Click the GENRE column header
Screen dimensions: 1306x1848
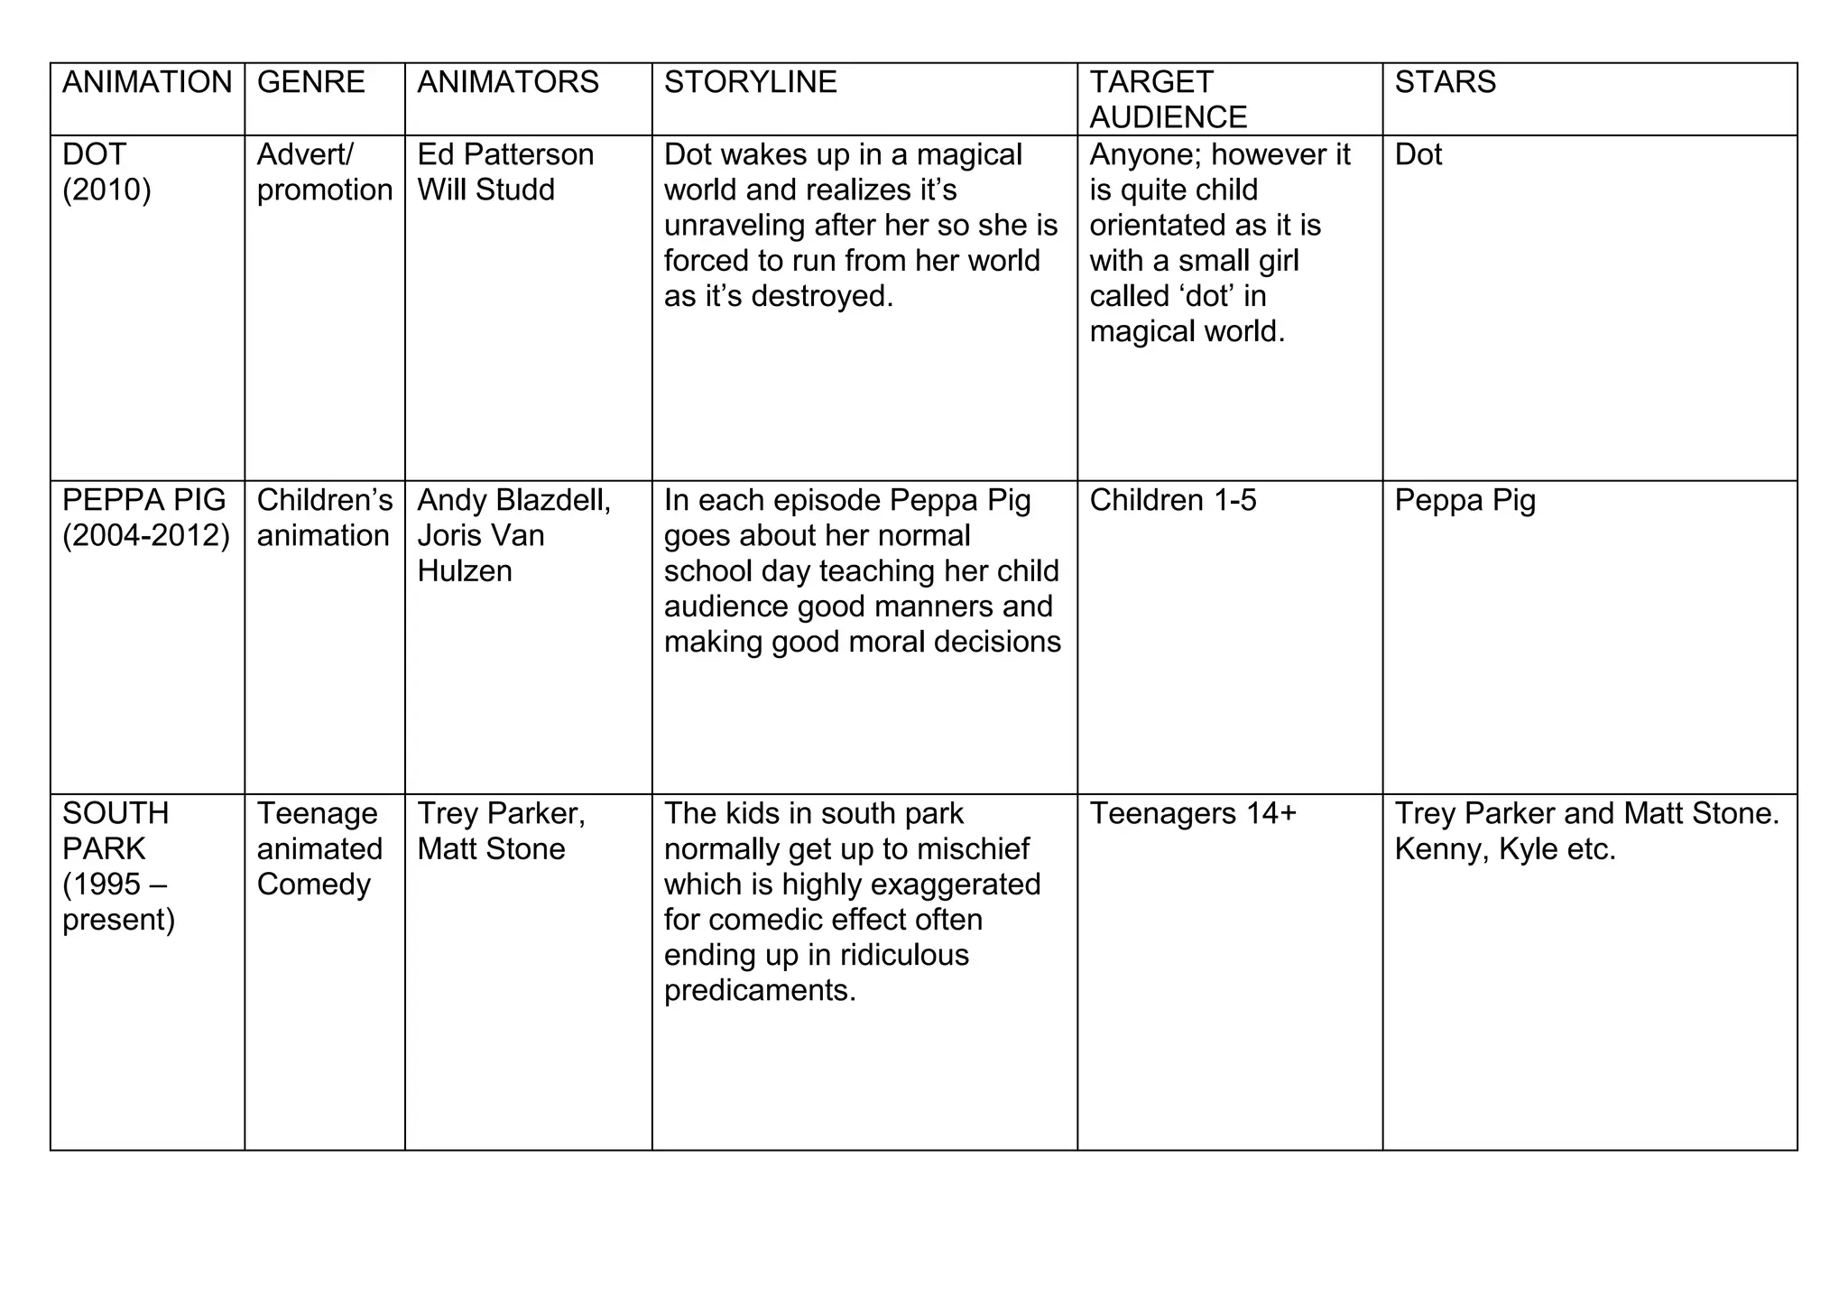310,82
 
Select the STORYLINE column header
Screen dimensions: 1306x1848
750,82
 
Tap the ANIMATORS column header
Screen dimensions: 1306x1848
507,82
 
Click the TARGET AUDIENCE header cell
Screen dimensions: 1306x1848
1168,99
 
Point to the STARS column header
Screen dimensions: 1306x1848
1445,82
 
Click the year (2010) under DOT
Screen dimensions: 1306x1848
106,190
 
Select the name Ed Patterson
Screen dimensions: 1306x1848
505,154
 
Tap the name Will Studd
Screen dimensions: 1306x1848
485,190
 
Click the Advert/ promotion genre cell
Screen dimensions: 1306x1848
324,172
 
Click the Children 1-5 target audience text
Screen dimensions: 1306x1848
1172,500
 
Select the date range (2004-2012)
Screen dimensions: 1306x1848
146,536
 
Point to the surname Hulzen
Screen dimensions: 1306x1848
464,571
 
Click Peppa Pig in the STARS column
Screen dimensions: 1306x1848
1465,500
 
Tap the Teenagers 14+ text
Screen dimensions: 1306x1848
1192,813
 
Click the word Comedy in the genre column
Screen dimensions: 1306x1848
313,885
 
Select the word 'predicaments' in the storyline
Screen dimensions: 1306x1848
759,991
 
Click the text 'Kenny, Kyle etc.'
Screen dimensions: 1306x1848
1504,849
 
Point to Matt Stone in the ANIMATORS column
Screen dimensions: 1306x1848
491,849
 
